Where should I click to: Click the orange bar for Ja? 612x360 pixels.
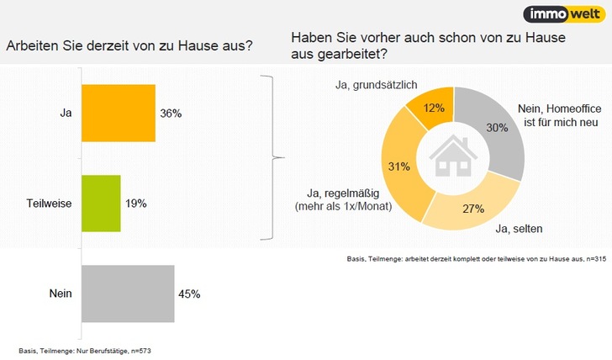click(x=118, y=113)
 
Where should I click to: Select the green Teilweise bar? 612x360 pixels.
click(x=101, y=204)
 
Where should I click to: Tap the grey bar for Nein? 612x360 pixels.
click(x=127, y=294)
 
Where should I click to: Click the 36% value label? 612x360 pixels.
click(x=172, y=113)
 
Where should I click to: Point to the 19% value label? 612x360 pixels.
click(x=137, y=204)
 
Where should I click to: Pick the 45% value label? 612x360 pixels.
click(x=191, y=294)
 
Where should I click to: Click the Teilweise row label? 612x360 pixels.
click(x=47, y=204)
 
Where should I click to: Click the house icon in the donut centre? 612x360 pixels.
click(x=452, y=156)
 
